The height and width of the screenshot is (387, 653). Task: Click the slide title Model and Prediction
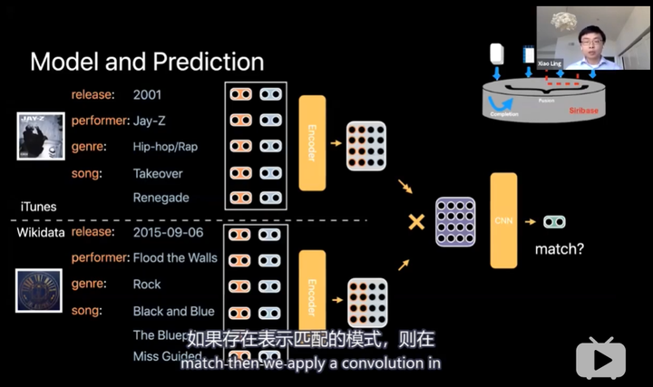(x=147, y=62)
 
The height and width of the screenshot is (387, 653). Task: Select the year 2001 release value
(x=149, y=94)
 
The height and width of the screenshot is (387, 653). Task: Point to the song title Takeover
(x=158, y=173)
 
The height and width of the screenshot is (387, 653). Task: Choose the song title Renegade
(x=161, y=198)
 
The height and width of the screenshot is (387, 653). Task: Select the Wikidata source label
(x=42, y=233)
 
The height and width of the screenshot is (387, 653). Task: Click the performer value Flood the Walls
(x=175, y=257)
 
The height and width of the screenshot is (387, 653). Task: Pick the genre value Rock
(x=147, y=285)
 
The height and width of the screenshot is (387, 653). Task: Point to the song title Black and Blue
(x=173, y=311)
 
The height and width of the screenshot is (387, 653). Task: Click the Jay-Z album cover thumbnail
(x=41, y=136)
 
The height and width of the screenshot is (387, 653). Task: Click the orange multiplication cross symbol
(x=416, y=221)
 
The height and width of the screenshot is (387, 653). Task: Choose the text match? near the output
(x=560, y=247)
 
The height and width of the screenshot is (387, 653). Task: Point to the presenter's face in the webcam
(x=593, y=36)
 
